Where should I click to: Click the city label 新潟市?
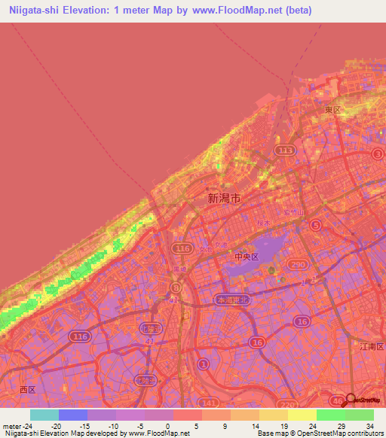(x=225, y=199)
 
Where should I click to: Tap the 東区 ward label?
(x=332, y=110)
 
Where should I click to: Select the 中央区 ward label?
(x=246, y=257)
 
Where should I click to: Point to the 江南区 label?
(x=369, y=346)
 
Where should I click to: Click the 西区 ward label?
(x=28, y=389)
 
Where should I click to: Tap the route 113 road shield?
(x=285, y=151)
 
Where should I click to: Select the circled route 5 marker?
(x=317, y=225)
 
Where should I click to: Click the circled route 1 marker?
(x=202, y=365)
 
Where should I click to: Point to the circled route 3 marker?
(x=377, y=154)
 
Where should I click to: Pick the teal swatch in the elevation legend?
(x=44, y=415)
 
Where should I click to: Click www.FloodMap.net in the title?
(x=237, y=11)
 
